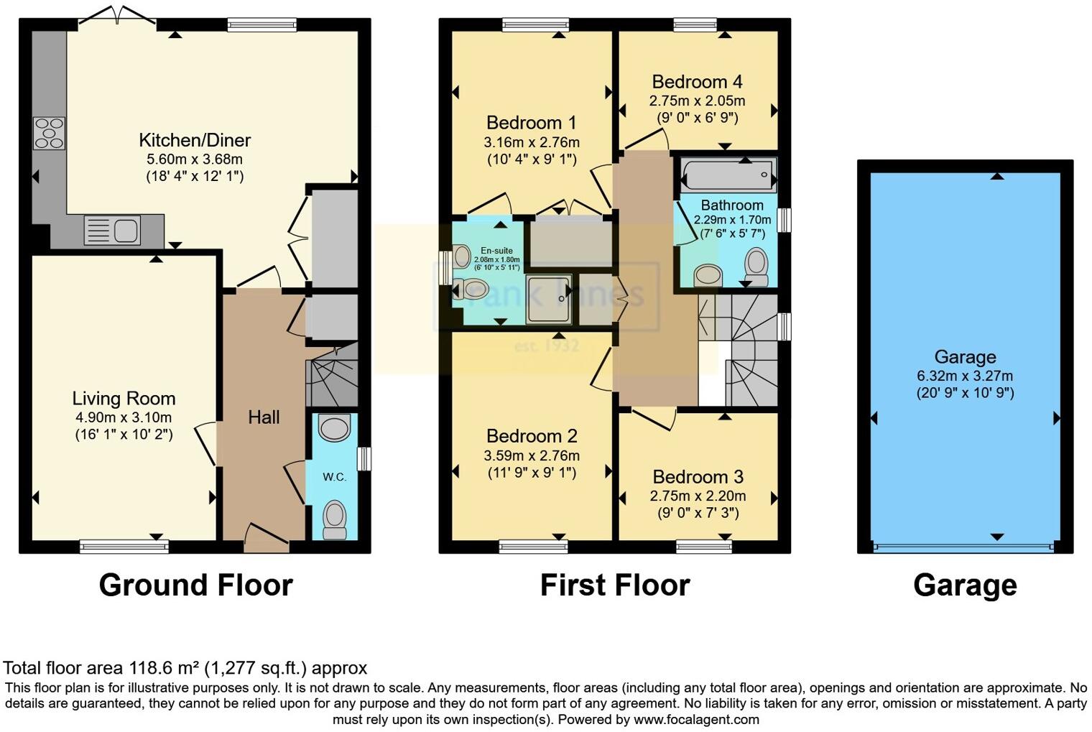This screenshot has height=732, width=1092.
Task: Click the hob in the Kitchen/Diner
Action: (x=49, y=133)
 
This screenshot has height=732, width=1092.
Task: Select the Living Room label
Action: (x=124, y=399)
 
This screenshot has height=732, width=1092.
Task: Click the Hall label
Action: (x=264, y=417)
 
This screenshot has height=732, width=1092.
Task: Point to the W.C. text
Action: (x=334, y=477)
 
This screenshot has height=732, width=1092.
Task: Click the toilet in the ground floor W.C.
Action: (x=334, y=519)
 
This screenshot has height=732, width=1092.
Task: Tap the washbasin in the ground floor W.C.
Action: (x=334, y=427)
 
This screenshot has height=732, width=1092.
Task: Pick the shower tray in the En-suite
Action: (x=549, y=298)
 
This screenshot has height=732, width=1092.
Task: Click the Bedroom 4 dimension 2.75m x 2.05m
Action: (x=697, y=101)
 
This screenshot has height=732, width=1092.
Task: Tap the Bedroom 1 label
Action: (x=531, y=123)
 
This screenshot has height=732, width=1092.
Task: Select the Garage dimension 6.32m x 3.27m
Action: (x=965, y=376)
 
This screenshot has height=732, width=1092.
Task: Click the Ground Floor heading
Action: (x=195, y=585)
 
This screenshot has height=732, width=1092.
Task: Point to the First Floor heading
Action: (x=615, y=585)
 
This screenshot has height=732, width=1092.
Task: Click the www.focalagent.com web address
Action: (x=696, y=719)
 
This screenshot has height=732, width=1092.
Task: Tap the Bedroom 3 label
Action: (x=698, y=477)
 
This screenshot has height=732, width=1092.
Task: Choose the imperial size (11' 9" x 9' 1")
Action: (x=531, y=473)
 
